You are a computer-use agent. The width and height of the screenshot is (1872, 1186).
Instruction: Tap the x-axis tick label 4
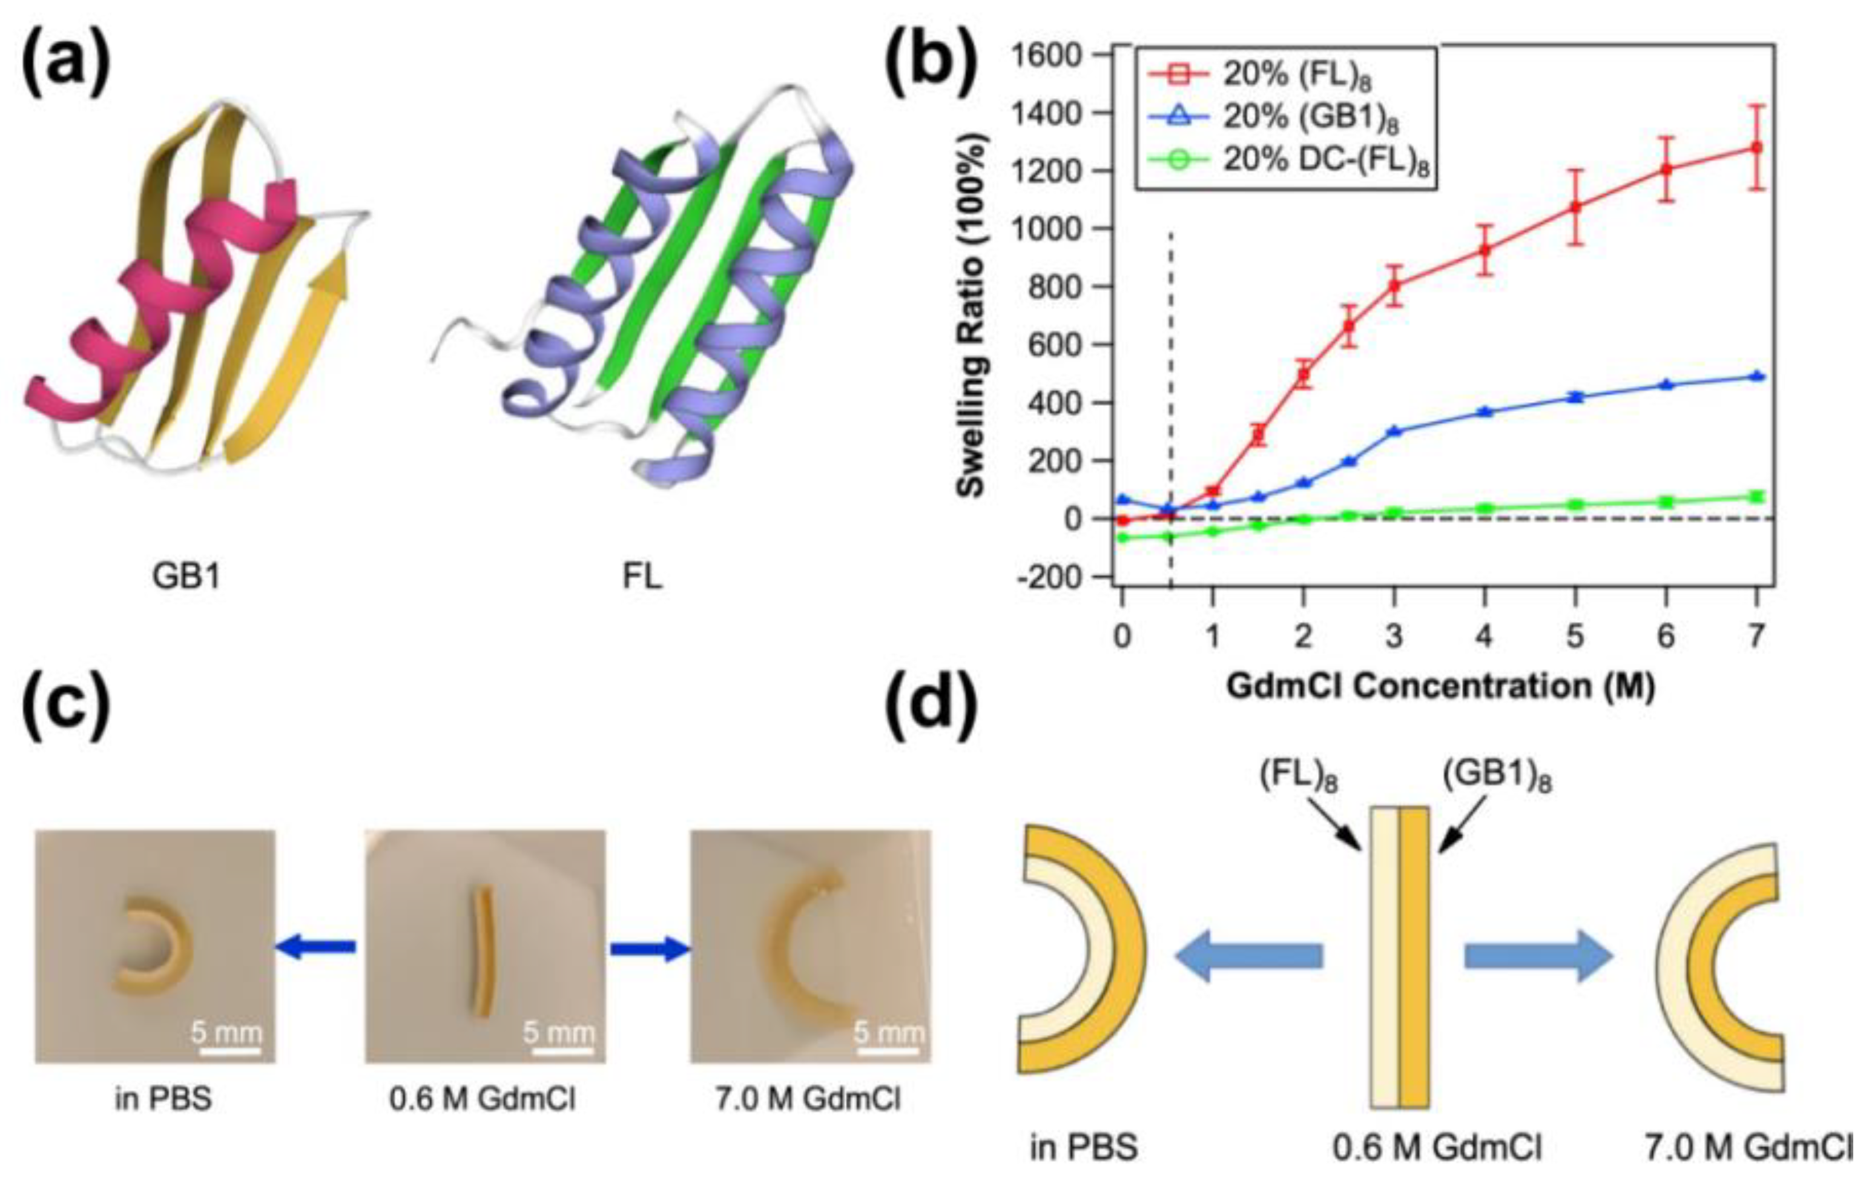[1484, 636]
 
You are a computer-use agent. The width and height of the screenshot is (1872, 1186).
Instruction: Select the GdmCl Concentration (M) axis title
[1440, 687]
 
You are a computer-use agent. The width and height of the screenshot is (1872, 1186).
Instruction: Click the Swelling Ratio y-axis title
[971, 315]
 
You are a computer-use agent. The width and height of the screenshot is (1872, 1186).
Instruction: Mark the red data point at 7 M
[1755, 147]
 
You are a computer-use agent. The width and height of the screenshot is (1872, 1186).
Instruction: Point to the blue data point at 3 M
[1394, 431]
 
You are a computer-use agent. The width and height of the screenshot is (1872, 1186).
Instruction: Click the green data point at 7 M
[1755, 496]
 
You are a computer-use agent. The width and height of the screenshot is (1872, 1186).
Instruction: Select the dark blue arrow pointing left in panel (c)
[315, 947]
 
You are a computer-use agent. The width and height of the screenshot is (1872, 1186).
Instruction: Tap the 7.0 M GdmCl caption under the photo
[808, 1099]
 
